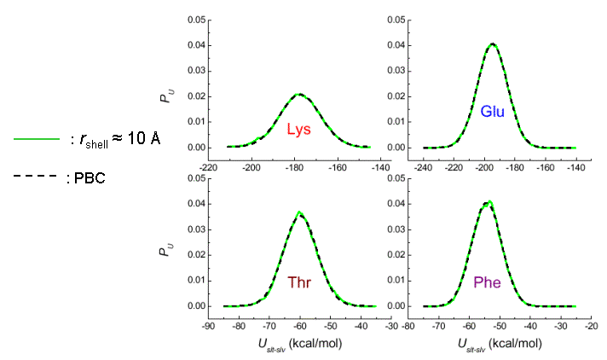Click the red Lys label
[298, 131]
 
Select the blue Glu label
[493, 112]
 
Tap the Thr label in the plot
[299, 282]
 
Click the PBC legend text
[86, 179]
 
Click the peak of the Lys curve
[298, 94]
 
